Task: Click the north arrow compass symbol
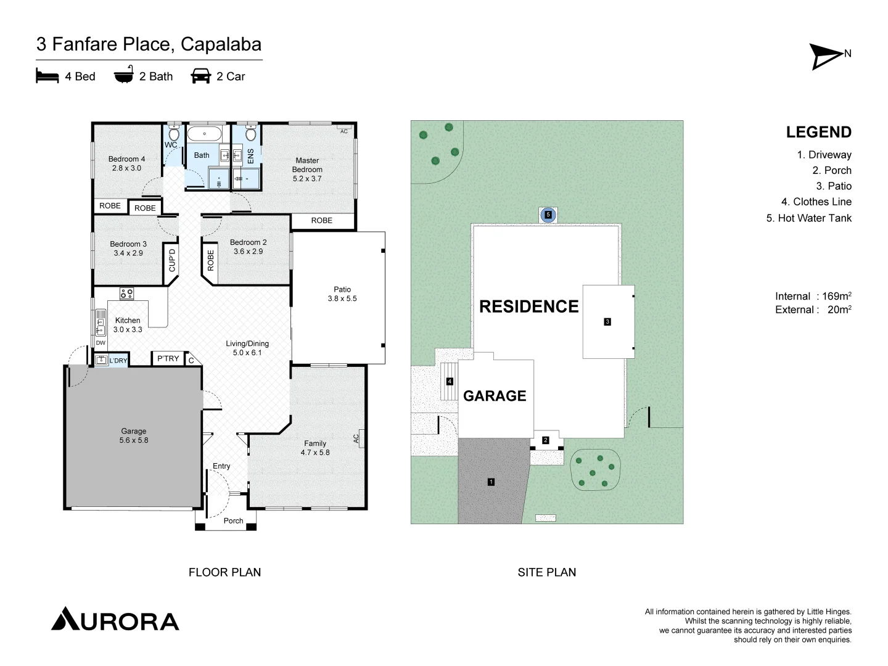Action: (x=826, y=56)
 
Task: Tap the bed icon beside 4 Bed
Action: (x=47, y=76)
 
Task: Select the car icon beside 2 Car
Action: (x=200, y=76)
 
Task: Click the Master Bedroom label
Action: (x=307, y=170)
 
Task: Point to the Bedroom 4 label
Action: (x=126, y=163)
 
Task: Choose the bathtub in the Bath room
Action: (x=204, y=134)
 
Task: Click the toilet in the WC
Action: (x=174, y=134)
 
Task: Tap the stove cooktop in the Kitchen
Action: (x=126, y=294)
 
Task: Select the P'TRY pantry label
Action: (x=168, y=358)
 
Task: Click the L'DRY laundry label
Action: (x=118, y=361)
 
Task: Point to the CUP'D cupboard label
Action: (x=172, y=260)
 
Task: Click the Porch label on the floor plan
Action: (x=233, y=520)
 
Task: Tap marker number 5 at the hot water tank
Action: (x=548, y=215)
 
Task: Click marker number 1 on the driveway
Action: (x=491, y=482)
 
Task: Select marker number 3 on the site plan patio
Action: (x=607, y=321)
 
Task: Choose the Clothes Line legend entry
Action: (x=816, y=202)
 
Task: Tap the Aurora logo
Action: (x=115, y=620)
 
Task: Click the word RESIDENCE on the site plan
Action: (x=528, y=306)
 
